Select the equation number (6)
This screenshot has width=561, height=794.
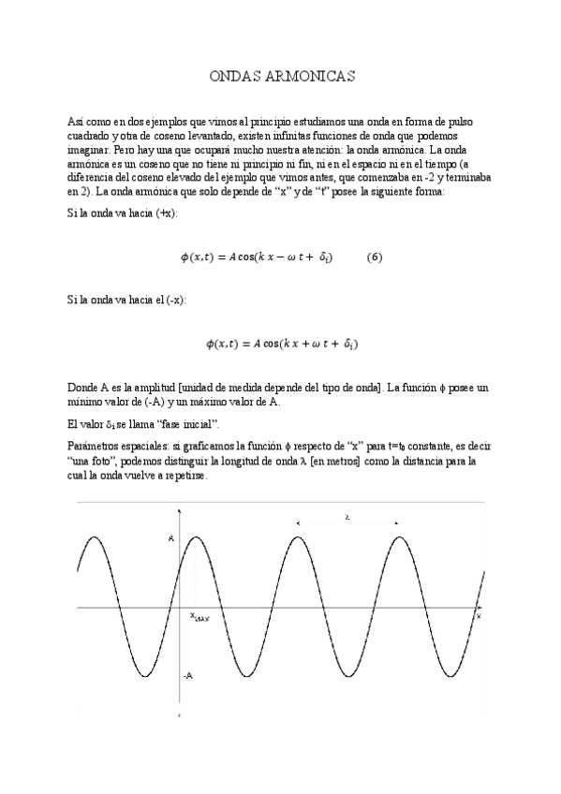pos(374,257)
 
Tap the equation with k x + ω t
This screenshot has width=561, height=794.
pos(280,344)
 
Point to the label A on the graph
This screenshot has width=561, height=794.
pos(170,538)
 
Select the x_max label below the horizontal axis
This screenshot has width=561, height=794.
pos(199,616)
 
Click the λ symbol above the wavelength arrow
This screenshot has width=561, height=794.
pos(347,516)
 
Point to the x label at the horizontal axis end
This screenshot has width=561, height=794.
pos(479,616)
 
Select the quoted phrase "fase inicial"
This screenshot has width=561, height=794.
pos(153,425)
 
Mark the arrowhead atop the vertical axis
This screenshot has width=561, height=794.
pos(179,513)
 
